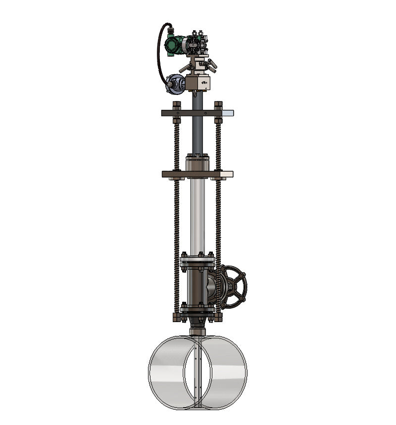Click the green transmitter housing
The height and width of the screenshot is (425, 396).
[173, 44]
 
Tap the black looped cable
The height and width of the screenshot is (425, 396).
[159, 54]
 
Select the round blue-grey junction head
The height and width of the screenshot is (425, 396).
[174, 84]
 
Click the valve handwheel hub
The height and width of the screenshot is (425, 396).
[234, 287]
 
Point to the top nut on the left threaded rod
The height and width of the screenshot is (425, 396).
[177, 104]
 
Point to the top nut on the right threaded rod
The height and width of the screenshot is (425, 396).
[218, 104]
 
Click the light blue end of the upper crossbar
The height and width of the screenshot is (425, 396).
[228, 113]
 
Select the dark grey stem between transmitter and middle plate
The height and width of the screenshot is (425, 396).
[198, 129]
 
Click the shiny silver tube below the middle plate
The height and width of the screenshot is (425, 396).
[198, 213]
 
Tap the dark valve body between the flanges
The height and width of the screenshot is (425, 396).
[198, 286]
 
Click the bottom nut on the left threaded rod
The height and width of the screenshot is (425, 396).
[177, 316]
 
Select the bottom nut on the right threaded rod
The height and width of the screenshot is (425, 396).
[218, 316]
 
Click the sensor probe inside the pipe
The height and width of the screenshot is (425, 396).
[198, 371]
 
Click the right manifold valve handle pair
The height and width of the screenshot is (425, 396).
[211, 64]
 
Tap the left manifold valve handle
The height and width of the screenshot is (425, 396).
[184, 67]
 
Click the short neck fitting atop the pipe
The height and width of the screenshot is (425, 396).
[198, 331]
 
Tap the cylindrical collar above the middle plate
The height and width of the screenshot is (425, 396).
[198, 163]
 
